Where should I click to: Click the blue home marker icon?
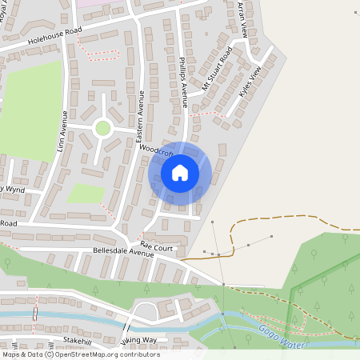pyautogui.click(x=180, y=172)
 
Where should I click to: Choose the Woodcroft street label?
pyautogui.click(x=154, y=150)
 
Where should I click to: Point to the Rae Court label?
pyautogui.click(x=156, y=248)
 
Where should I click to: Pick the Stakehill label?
pyautogui.click(x=78, y=340)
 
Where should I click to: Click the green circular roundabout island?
pyautogui.click(x=102, y=127)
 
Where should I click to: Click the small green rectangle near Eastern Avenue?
pyautogui.click(x=86, y=193)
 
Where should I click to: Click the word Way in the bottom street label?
pyautogui.click(x=148, y=340)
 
